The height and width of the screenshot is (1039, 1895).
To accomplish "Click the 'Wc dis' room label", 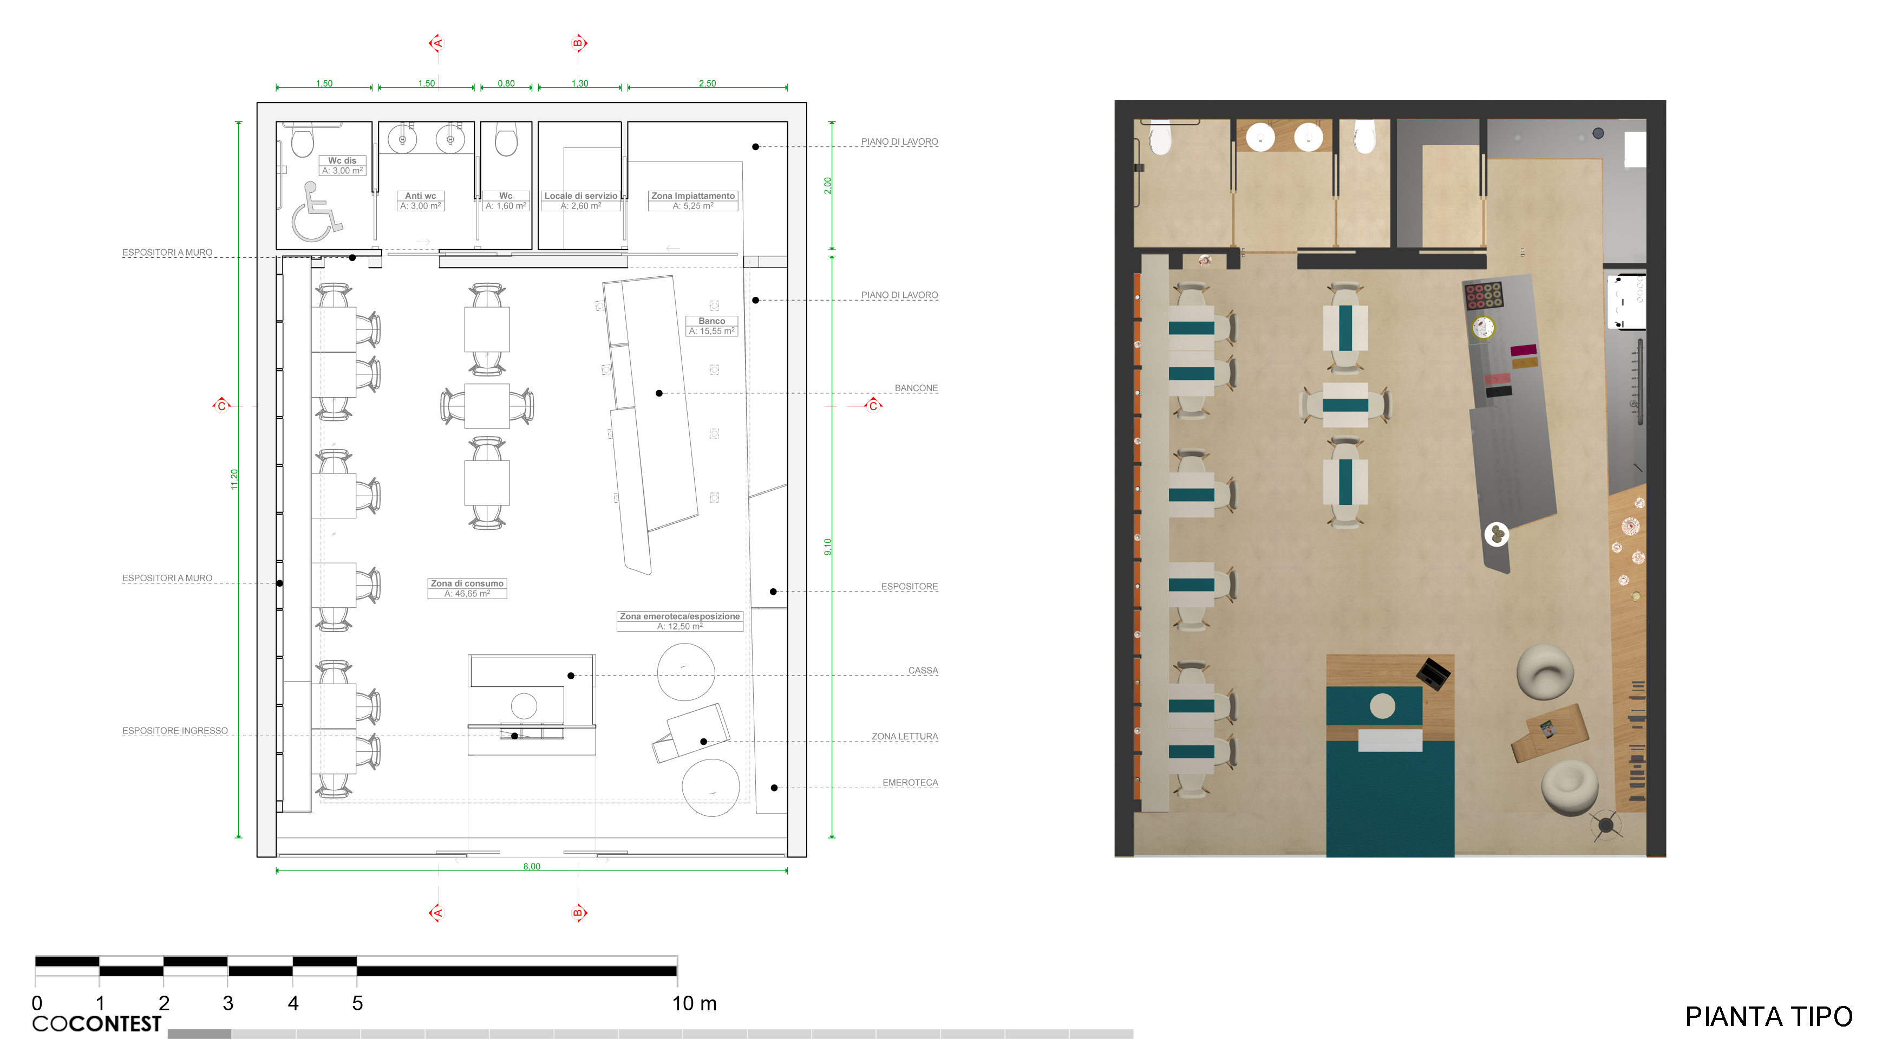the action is [342, 160].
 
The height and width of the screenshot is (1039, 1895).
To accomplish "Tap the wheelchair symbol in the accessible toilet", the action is [316, 213].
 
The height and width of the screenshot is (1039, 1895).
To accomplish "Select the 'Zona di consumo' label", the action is [467, 583].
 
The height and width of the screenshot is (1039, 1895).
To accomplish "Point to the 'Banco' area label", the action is [711, 321].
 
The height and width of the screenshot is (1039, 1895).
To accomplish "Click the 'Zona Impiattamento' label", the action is [693, 196].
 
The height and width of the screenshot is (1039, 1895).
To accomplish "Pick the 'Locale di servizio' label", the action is [580, 196].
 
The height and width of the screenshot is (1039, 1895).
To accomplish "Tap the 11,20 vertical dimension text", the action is [234, 479].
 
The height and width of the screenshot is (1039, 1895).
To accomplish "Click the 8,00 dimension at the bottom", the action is [532, 866].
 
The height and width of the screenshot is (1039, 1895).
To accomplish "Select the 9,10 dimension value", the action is [828, 547].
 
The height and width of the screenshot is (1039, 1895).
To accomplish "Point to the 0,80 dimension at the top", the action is [506, 83].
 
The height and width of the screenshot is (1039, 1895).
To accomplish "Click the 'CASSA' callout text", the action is [923, 670].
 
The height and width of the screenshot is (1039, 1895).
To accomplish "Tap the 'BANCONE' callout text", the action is [917, 388].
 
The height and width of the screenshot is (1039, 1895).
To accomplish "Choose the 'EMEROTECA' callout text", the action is [911, 783].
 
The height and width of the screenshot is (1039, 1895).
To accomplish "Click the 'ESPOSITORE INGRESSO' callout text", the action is [175, 731].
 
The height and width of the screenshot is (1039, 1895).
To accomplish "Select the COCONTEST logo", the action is [96, 1023].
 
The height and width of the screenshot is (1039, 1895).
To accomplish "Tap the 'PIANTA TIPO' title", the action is [1768, 1016].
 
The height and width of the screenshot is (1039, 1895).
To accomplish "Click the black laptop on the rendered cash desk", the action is [1433, 673].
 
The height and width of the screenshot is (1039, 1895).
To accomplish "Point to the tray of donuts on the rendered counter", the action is [1483, 296].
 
